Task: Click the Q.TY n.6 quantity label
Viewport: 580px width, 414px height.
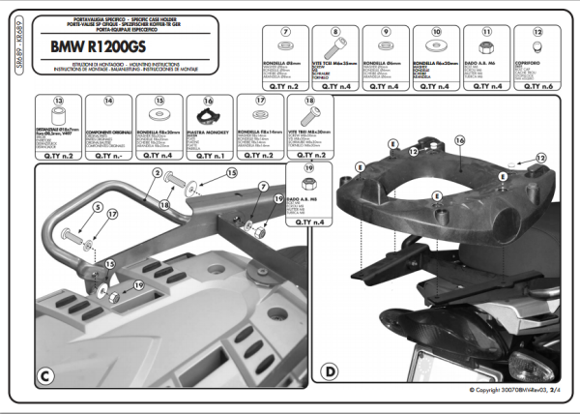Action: coord(538,85)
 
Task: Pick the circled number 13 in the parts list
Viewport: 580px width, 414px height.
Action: coord(58,101)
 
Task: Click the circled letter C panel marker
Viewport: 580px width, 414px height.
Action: coord(46,372)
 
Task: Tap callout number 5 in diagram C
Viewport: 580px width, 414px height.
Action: coord(97,207)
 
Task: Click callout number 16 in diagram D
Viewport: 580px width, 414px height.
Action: coord(460,140)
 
